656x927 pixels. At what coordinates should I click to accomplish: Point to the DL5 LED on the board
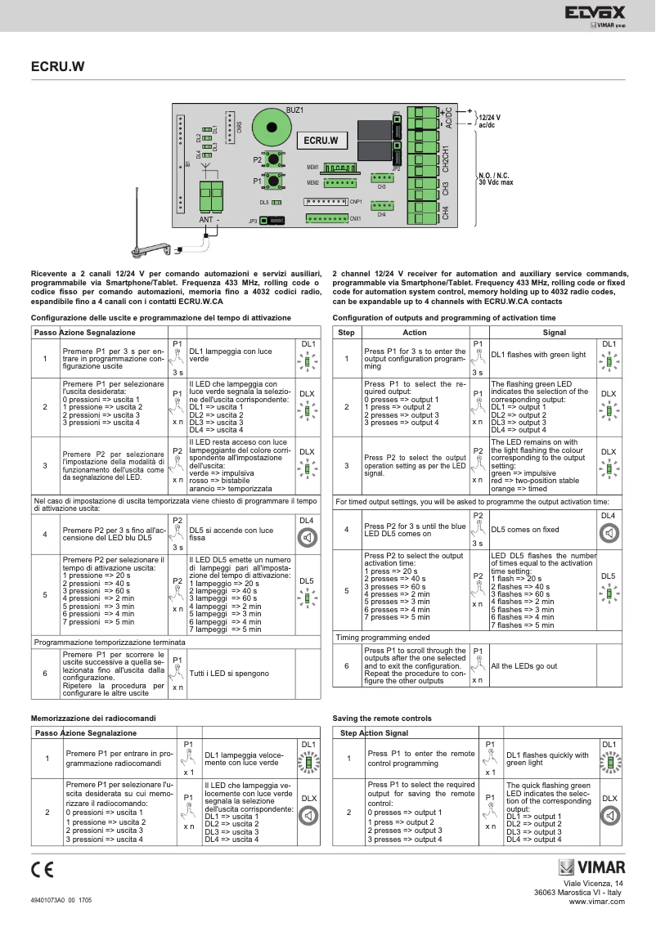point(276,201)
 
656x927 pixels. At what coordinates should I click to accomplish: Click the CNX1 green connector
point(326,218)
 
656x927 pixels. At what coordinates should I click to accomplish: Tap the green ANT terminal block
point(210,197)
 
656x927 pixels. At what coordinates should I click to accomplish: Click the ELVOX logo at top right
point(594,12)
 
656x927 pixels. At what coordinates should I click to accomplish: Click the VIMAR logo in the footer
point(591,868)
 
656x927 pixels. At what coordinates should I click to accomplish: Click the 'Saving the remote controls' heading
point(382,718)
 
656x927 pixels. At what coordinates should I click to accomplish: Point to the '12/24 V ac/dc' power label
point(489,122)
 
